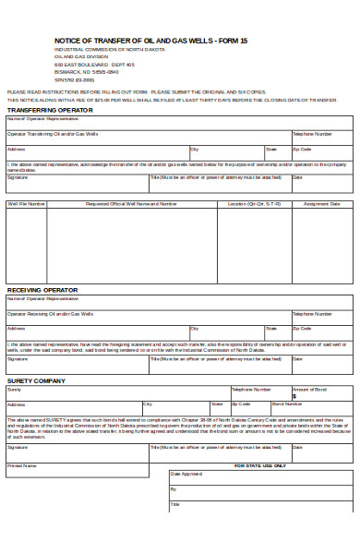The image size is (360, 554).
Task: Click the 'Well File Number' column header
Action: [27, 204]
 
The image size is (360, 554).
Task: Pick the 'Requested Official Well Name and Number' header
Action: [131, 204]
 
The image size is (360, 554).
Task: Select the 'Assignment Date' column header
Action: [322, 204]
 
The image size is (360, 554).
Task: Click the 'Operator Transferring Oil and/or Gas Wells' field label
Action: [53, 134]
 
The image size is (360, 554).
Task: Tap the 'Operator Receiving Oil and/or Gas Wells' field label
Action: [51, 314]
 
